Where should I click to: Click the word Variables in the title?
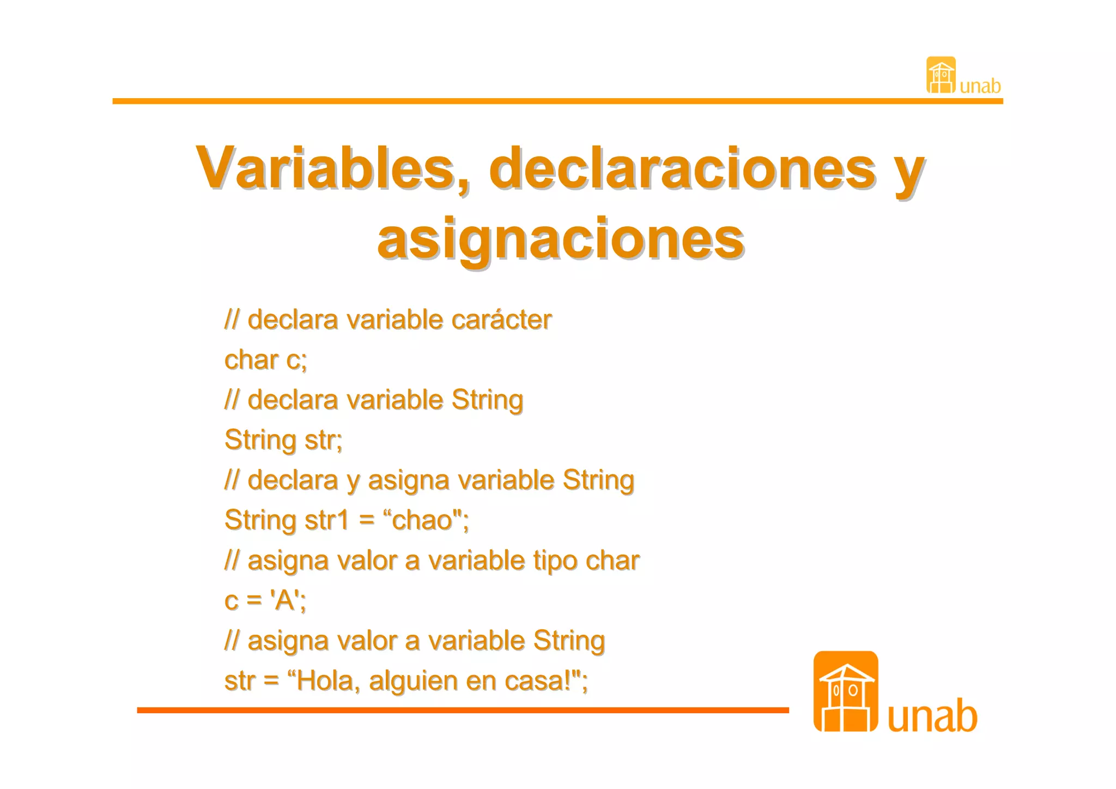click(x=325, y=168)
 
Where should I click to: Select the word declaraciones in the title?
click(x=683, y=168)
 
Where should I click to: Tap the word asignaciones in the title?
click(x=560, y=239)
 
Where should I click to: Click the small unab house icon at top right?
click(x=941, y=75)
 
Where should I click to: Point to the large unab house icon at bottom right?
click(x=845, y=691)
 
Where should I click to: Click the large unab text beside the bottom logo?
click(x=932, y=716)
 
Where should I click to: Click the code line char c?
click(x=266, y=360)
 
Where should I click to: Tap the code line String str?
click(x=283, y=439)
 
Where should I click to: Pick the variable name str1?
click(x=326, y=520)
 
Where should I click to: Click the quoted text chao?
click(x=423, y=520)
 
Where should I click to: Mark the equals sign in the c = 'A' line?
click(x=254, y=600)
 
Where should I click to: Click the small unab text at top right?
click(x=980, y=86)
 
